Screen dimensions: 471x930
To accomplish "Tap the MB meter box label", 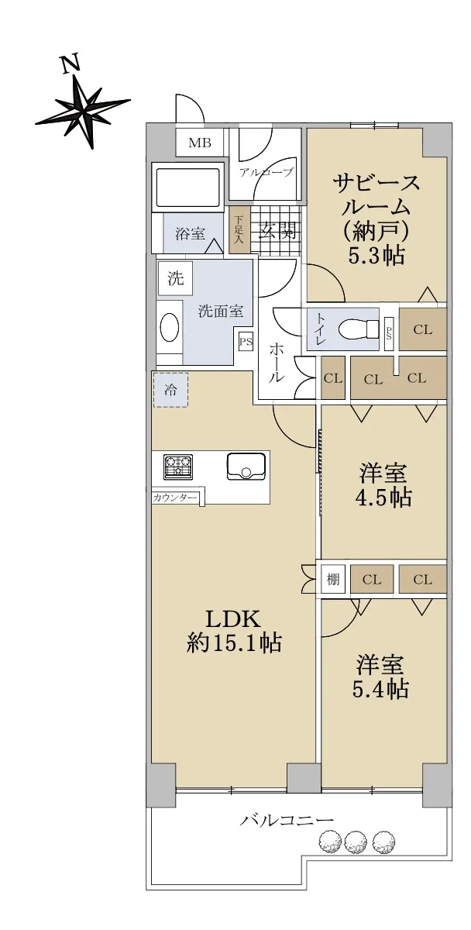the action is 200,143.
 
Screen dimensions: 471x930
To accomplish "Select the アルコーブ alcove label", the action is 266,172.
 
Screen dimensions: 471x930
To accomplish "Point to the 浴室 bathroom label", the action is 190,234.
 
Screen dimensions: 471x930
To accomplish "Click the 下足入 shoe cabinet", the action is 239,231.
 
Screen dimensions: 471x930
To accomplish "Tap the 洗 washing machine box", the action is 176,278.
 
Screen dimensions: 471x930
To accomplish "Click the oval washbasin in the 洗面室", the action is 170,327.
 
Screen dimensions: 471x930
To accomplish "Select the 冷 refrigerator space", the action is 170,390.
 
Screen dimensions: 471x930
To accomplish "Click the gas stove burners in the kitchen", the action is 179,466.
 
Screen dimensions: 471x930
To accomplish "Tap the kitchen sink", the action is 246,467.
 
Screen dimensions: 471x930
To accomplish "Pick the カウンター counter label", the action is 174,498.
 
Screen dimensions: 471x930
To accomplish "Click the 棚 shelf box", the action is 333,579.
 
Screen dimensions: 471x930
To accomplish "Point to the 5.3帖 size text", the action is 376,257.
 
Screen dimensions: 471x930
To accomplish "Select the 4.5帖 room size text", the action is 383,498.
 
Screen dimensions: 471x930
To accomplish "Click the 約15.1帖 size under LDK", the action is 234,643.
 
